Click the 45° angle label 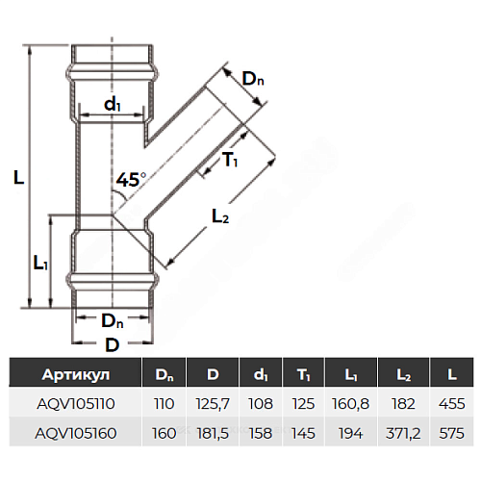coord(131,179)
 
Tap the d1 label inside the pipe coord(113,104)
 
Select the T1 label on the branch coord(230,160)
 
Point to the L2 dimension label coord(220,216)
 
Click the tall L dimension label coord(19,177)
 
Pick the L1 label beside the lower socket coord(40,264)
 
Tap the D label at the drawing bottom coord(113,345)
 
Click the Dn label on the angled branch coord(253,79)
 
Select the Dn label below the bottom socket coord(113,320)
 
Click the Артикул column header coord(76,374)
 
